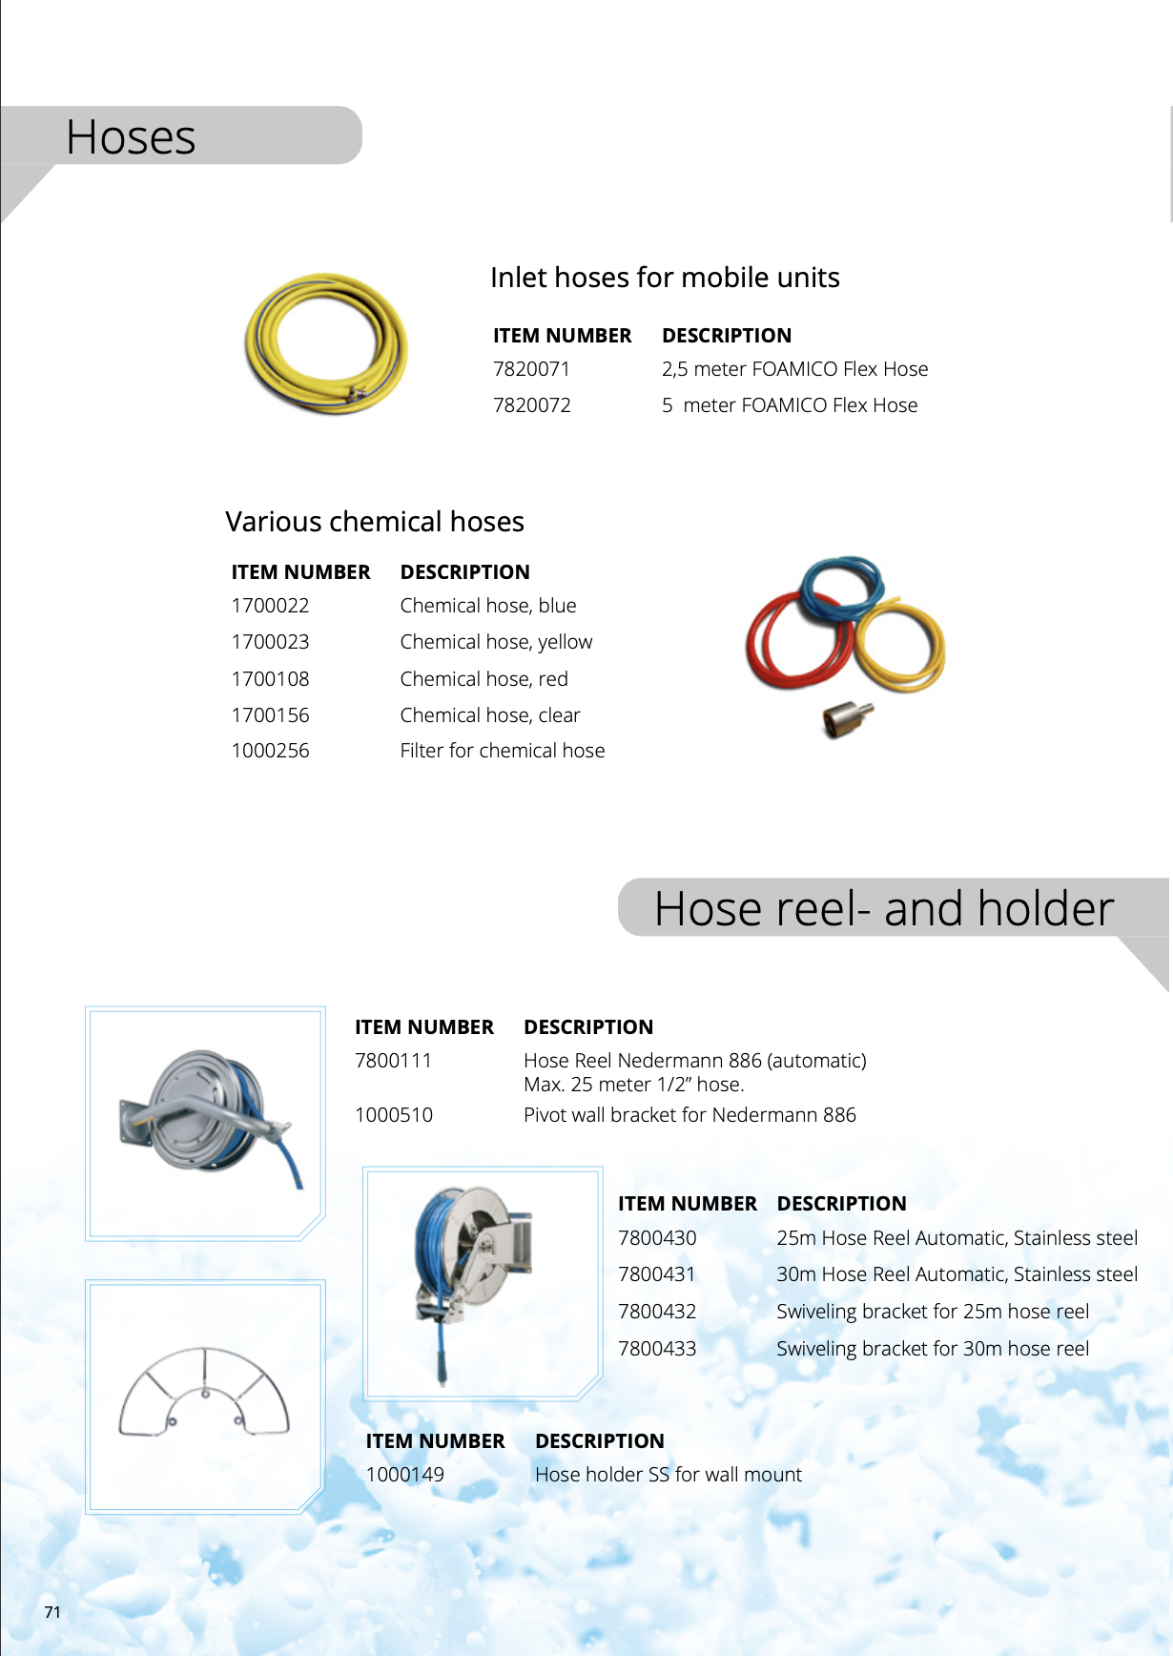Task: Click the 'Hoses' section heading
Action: pyautogui.click(x=131, y=137)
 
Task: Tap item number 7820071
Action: pyautogui.click(x=531, y=369)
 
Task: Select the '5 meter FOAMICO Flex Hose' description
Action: pyautogui.click(x=790, y=405)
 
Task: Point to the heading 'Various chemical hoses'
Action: pyautogui.click(x=375, y=522)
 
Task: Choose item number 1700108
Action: pyautogui.click(x=270, y=679)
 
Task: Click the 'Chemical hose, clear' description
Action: pyautogui.click(x=490, y=715)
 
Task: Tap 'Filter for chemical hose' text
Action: pyautogui.click(x=503, y=751)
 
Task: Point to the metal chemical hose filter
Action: pyautogui.click(x=846, y=717)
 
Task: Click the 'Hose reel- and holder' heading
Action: pyautogui.click(x=884, y=908)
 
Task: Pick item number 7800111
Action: pyautogui.click(x=393, y=1061)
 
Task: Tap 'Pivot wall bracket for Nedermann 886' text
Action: pyautogui.click(x=689, y=1115)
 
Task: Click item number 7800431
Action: pyautogui.click(x=657, y=1274)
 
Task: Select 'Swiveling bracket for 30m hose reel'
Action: pyautogui.click(x=933, y=1349)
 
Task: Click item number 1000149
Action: pyautogui.click(x=405, y=1475)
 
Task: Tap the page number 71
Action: pyautogui.click(x=52, y=1612)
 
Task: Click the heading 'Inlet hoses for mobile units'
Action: pyautogui.click(x=665, y=278)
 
